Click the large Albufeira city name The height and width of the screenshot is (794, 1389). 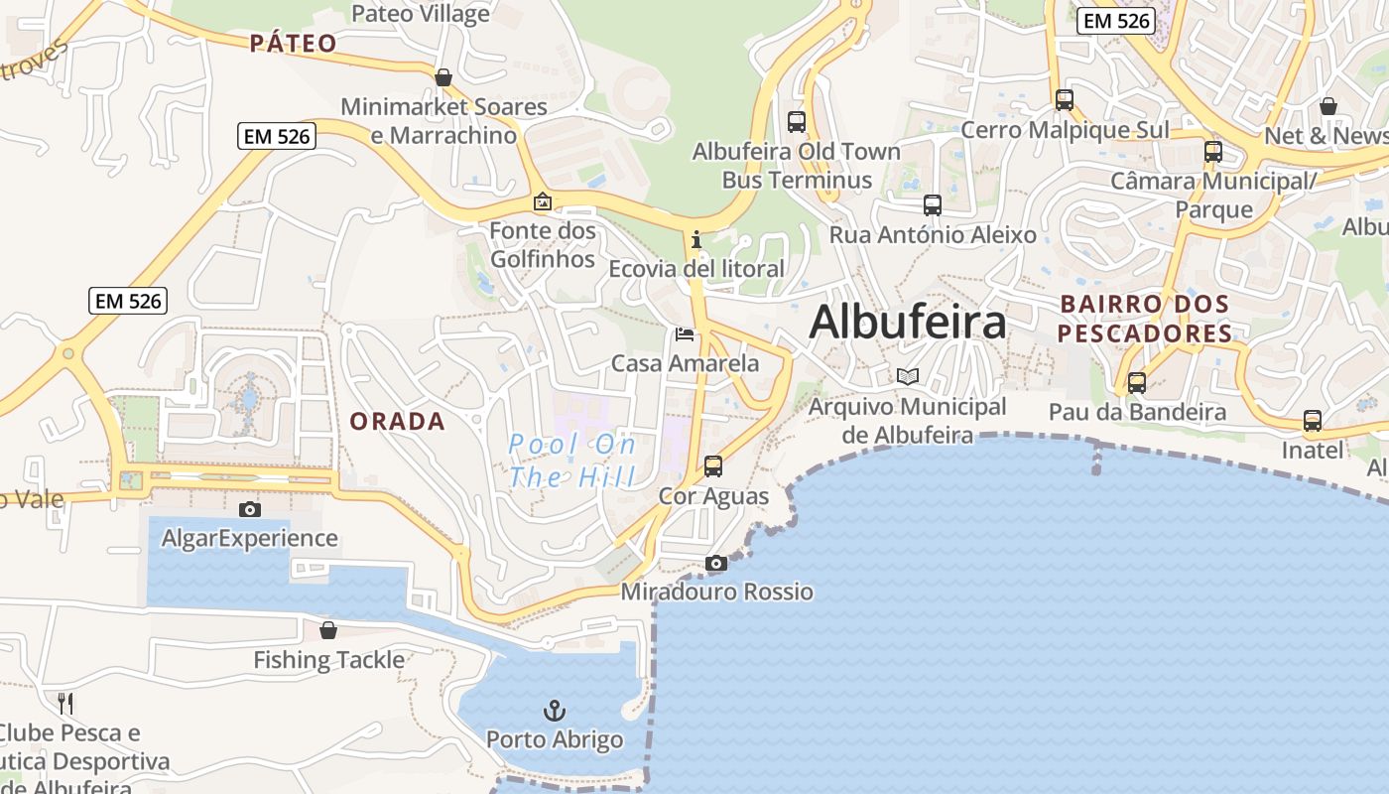click(x=908, y=323)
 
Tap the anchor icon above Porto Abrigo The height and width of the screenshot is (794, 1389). click(x=556, y=711)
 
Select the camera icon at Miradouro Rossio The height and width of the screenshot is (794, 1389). click(x=715, y=564)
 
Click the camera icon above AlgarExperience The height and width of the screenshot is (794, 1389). click(x=250, y=509)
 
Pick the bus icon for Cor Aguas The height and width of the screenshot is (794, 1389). click(x=712, y=465)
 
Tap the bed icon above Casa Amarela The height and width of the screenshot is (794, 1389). click(x=685, y=334)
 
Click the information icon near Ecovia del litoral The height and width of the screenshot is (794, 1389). click(x=696, y=239)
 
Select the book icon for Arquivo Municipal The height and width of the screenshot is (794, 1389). click(x=907, y=376)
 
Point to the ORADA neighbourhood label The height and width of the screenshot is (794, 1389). click(x=397, y=421)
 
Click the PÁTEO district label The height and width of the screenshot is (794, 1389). click(x=293, y=43)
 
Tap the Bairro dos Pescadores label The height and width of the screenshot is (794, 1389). click(x=1144, y=318)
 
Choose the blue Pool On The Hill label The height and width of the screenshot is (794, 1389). click(x=572, y=461)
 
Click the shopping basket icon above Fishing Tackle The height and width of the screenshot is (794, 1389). click(x=328, y=630)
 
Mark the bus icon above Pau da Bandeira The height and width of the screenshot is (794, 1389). click(x=1137, y=382)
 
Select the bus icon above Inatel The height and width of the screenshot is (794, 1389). click(x=1313, y=421)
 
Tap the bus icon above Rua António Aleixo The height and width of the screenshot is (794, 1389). click(x=933, y=205)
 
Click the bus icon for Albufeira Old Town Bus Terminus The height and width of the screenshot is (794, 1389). click(x=796, y=122)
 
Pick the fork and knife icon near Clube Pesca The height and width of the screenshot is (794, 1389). click(x=65, y=704)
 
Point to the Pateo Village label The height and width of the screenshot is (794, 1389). click(x=421, y=14)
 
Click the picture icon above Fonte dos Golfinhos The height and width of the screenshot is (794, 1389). click(x=542, y=201)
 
